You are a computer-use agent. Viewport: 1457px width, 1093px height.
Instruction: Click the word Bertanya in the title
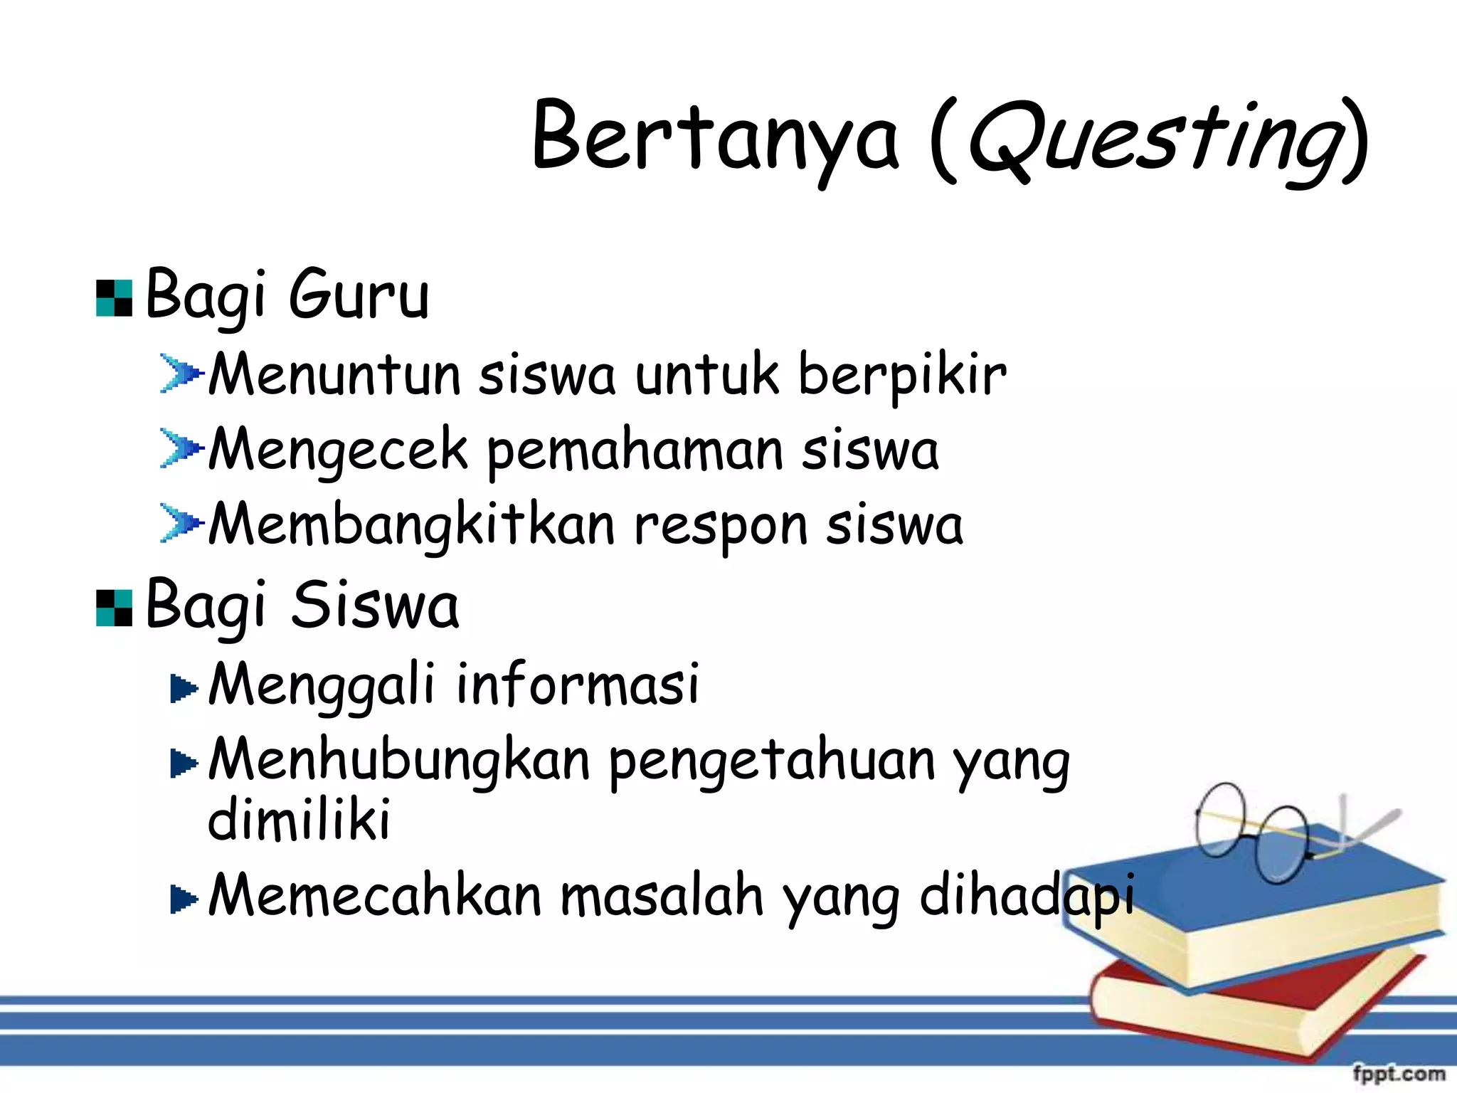pyautogui.click(x=714, y=137)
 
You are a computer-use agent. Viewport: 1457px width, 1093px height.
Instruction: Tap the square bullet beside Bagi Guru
pyautogui.click(x=114, y=298)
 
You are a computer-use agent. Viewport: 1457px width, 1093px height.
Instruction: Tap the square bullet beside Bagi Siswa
pyautogui.click(x=114, y=608)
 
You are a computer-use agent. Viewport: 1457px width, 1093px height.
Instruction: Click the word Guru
pyautogui.click(x=359, y=295)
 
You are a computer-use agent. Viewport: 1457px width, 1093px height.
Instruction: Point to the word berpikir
pyautogui.click(x=901, y=375)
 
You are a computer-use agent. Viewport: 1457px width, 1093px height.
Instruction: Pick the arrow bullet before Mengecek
pyautogui.click(x=181, y=448)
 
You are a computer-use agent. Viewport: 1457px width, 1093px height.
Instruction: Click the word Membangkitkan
pyautogui.click(x=411, y=525)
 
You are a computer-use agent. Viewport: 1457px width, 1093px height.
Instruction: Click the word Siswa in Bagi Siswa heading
pyautogui.click(x=375, y=606)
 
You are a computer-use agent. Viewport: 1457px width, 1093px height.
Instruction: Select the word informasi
pyautogui.click(x=577, y=684)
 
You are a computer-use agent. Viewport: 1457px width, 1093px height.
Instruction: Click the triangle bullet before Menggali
pyautogui.click(x=184, y=688)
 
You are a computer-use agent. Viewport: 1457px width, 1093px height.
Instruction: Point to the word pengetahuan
pyautogui.click(x=772, y=761)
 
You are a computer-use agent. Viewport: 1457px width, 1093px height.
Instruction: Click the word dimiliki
pyautogui.click(x=299, y=819)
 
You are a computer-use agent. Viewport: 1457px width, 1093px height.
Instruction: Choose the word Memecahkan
pyautogui.click(x=375, y=895)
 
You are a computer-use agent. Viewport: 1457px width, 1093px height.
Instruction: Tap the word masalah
pyautogui.click(x=662, y=895)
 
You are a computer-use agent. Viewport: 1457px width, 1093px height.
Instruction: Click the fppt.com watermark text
pyautogui.click(x=1398, y=1073)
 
